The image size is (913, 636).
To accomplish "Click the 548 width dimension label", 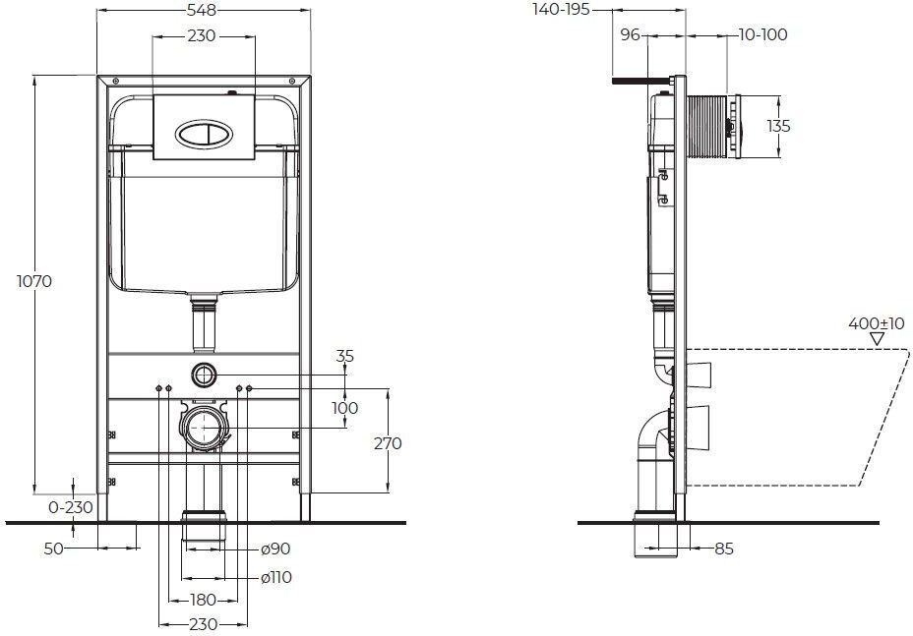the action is click(202, 10).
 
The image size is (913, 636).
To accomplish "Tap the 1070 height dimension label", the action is click(34, 281).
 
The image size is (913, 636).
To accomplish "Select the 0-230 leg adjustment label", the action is click(71, 507).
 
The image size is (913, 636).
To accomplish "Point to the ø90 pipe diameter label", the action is click(275, 549).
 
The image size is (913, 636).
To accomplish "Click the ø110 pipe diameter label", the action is click(276, 578).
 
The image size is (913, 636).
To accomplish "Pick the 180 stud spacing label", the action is click(204, 600).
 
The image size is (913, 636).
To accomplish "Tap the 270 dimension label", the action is click(388, 443).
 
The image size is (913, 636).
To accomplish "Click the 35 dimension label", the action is click(344, 356).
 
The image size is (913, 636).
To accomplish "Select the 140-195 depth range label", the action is click(562, 9).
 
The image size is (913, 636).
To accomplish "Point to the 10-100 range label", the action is click(762, 35).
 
